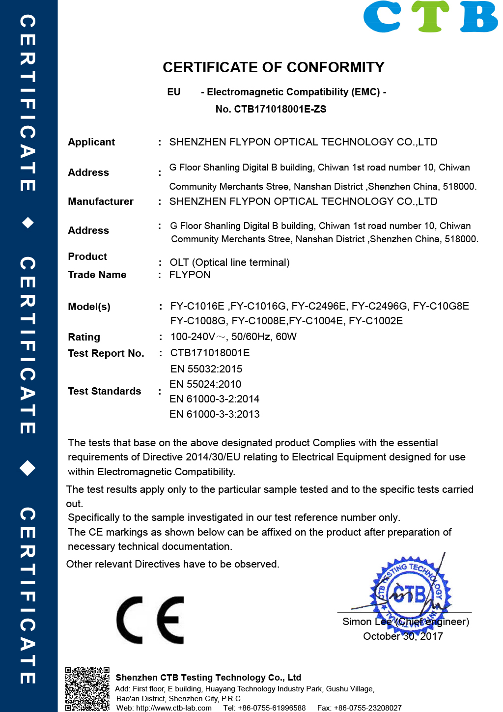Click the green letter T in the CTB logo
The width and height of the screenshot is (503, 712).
pyautogui.click(x=430, y=17)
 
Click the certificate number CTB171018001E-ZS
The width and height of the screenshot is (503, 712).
pyautogui.click(x=280, y=109)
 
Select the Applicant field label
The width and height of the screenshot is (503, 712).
pyautogui.click(x=91, y=142)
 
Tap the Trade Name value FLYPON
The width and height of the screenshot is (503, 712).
pyautogui.click(x=190, y=275)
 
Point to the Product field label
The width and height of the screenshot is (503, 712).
pyautogui.click(x=87, y=256)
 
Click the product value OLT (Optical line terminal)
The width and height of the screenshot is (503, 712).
pyautogui.click(x=229, y=262)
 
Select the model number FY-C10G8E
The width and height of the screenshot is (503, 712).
pyautogui.click(x=441, y=306)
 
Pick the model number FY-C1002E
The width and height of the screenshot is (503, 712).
pyautogui.click(x=376, y=321)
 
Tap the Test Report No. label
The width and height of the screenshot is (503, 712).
pyautogui.click(x=106, y=353)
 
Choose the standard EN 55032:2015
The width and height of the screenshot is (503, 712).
pyautogui.click(x=206, y=369)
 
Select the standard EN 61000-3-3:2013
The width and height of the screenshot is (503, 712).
pyautogui.click(x=215, y=414)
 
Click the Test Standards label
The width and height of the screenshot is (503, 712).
pyautogui.click(x=105, y=391)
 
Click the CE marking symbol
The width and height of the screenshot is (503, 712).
pyautogui.click(x=150, y=620)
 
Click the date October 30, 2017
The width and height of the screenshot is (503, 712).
pyautogui.click(x=403, y=636)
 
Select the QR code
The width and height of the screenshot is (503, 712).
pyautogui.click(x=87, y=688)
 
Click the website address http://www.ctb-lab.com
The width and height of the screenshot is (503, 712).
pyautogui.click(x=174, y=708)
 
